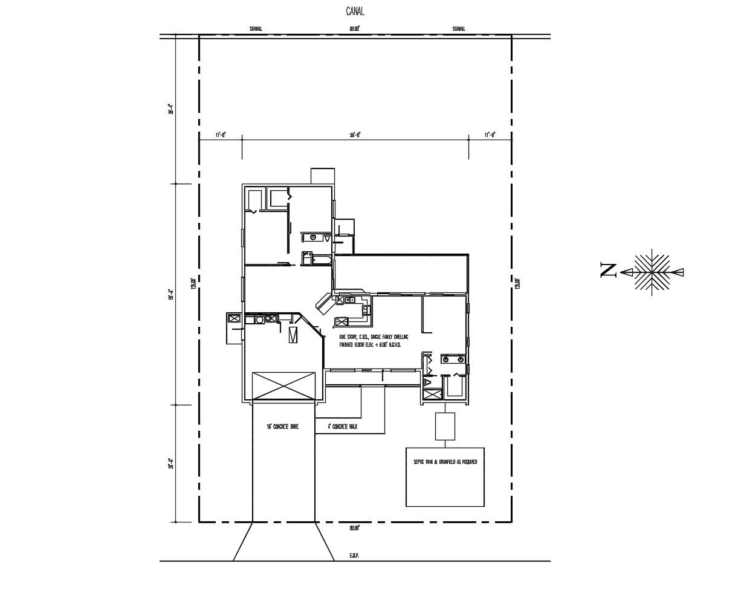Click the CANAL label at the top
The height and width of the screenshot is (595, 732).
pyautogui.click(x=355, y=11)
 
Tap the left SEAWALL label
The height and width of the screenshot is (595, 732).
pyautogui.click(x=256, y=29)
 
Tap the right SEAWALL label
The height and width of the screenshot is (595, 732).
pyautogui.click(x=459, y=29)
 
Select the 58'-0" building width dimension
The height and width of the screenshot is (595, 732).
pyautogui.click(x=355, y=135)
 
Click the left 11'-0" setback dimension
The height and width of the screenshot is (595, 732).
pyautogui.click(x=220, y=135)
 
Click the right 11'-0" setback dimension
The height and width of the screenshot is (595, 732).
pyautogui.click(x=490, y=135)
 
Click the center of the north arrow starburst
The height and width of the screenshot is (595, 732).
pyautogui.click(x=652, y=271)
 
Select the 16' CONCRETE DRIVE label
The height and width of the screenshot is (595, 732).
pyautogui.click(x=283, y=426)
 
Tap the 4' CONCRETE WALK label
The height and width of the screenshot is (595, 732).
pyautogui.click(x=343, y=426)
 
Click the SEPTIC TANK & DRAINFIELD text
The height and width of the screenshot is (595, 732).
pyautogui.click(x=445, y=462)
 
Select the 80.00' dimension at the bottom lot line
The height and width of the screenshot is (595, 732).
pyautogui.click(x=354, y=528)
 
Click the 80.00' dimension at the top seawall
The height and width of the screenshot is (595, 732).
pyautogui.click(x=354, y=29)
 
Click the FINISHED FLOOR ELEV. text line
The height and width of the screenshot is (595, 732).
pyautogui.click(x=370, y=344)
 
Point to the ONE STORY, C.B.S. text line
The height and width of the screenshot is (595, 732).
pyautogui.click(x=374, y=336)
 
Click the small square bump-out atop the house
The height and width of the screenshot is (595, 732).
pyautogui.click(x=322, y=176)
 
